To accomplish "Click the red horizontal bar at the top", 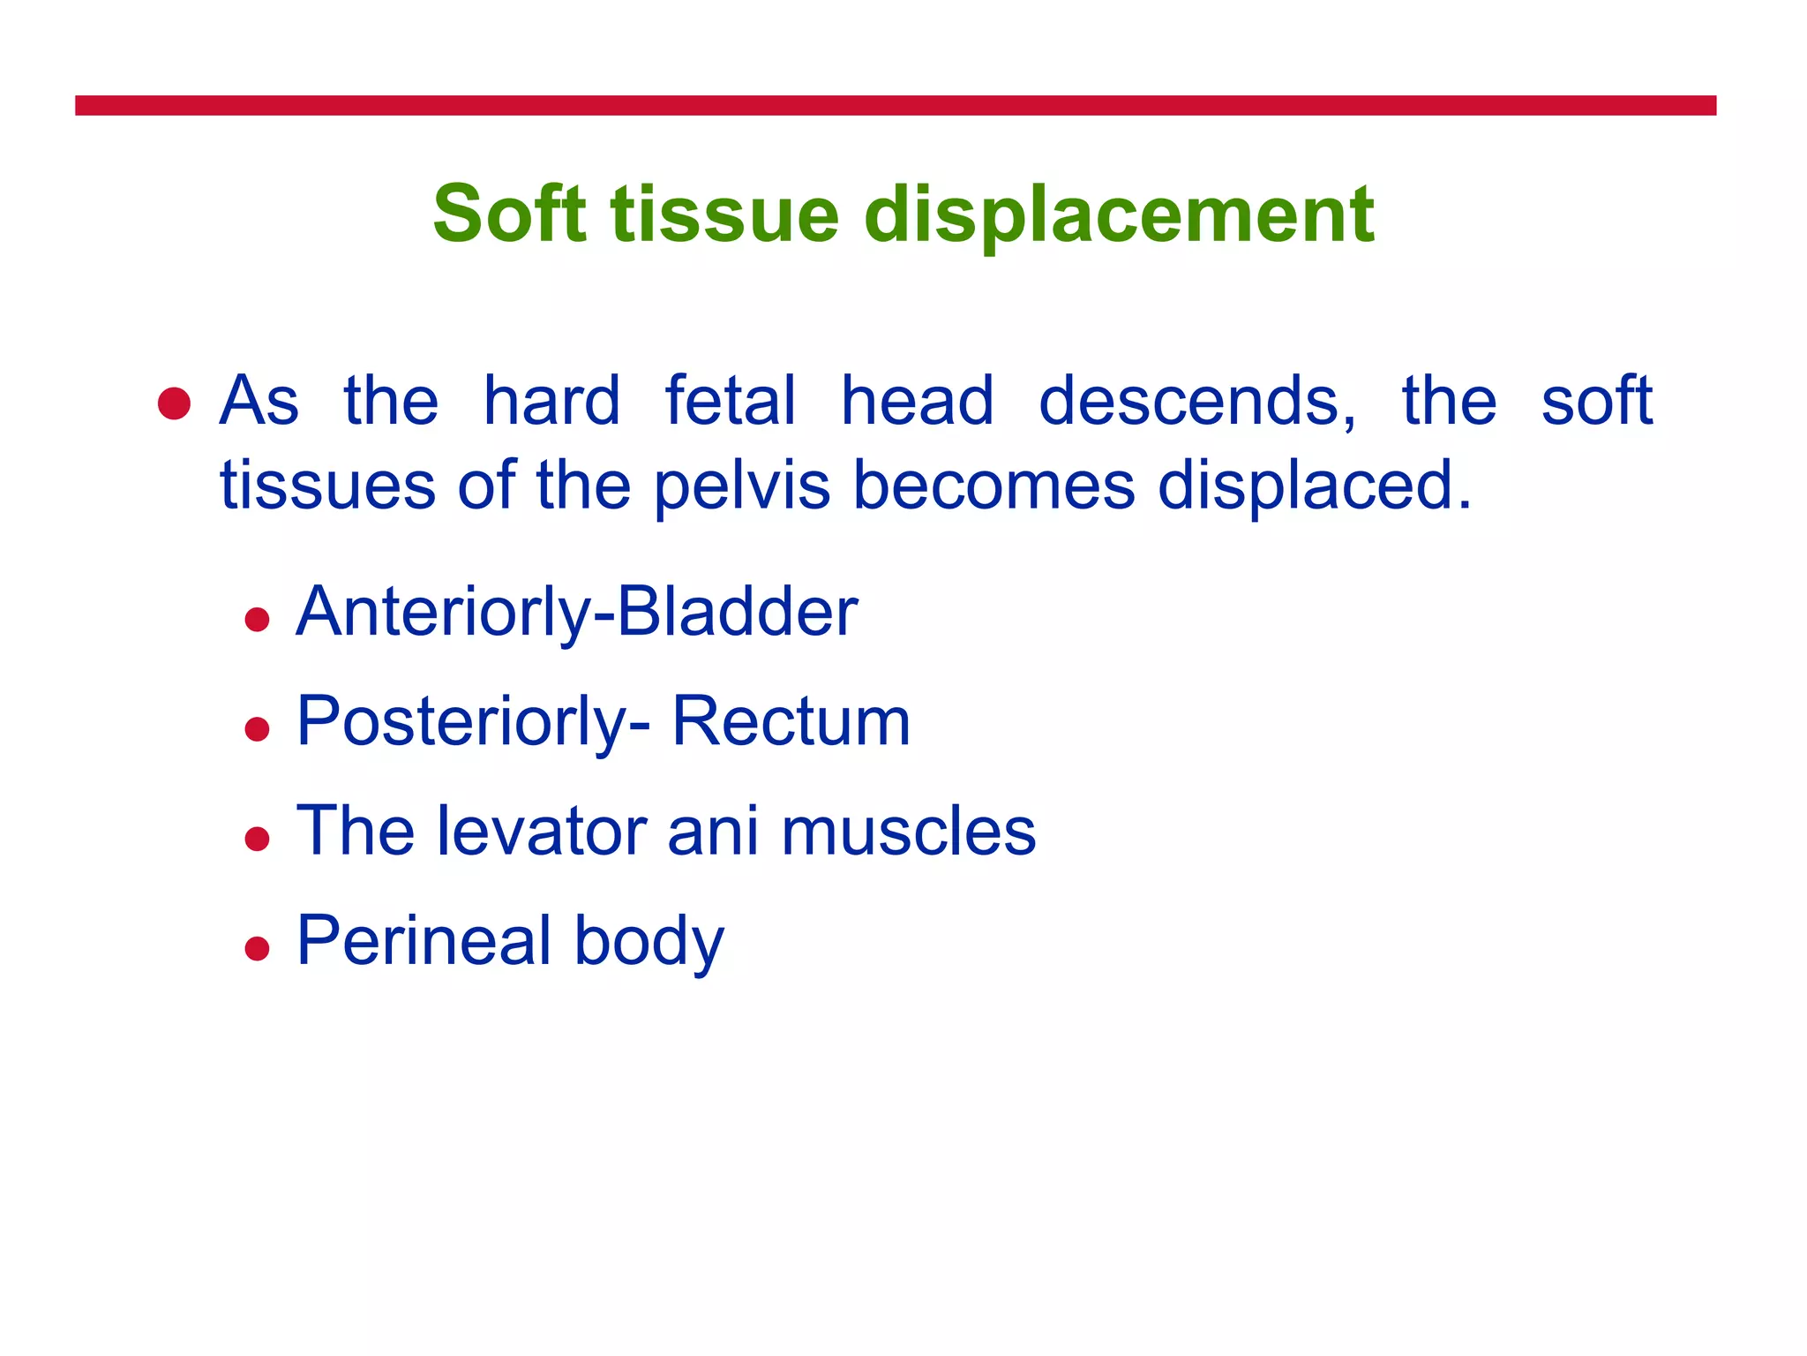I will tap(895, 105).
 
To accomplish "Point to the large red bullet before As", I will tap(174, 403).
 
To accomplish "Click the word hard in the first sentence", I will tap(551, 401).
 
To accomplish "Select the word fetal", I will tap(730, 401).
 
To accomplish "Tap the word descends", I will tap(1197, 401).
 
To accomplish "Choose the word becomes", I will tap(993, 486).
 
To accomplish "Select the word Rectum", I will tap(791, 721).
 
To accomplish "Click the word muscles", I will tap(908, 831).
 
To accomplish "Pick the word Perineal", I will tap(424, 940).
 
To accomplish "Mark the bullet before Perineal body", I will tap(257, 949).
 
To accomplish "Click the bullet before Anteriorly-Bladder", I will tap(257, 620).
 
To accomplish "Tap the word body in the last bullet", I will tap(649, 940).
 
